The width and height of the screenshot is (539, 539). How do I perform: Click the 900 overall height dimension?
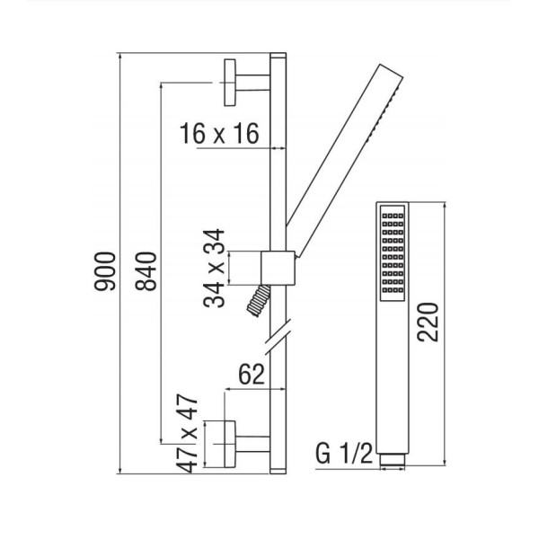[x=105, y=271]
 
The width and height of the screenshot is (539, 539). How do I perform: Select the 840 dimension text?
[x=146, y=271]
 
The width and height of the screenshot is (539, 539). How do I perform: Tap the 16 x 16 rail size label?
[x=219, y=134]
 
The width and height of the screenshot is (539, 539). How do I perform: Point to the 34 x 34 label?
[x=214, y=268]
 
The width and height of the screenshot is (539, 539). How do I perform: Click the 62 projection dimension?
[x=252, y=375]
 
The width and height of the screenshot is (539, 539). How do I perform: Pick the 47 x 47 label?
[x=187, y=434]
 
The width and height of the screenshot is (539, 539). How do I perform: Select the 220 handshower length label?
[x=428, y=323]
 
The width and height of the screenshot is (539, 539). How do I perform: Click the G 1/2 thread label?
[x=344, y=454]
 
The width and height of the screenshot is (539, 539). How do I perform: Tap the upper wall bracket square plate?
[x=230, y=83]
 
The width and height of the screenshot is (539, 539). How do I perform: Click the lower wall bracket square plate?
[x=230, y=444]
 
